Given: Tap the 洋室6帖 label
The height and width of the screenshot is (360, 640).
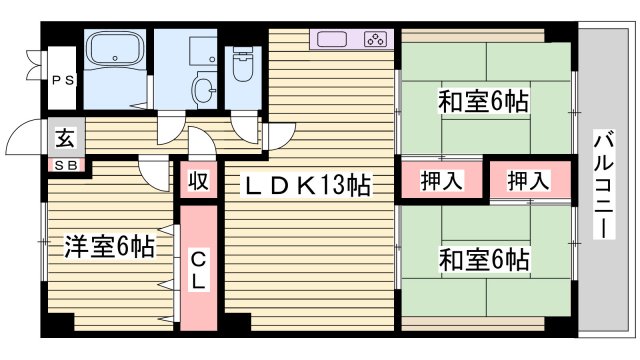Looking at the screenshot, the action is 110,246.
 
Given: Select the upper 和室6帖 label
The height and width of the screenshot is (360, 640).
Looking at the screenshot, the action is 483,101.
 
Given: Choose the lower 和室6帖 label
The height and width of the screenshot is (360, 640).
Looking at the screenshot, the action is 483,261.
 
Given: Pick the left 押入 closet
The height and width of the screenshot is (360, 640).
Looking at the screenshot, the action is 440,181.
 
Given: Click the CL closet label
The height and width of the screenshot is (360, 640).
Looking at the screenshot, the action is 198,270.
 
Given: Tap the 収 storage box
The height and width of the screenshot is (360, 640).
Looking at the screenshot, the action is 198,183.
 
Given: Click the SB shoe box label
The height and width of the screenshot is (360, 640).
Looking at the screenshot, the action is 64,166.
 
